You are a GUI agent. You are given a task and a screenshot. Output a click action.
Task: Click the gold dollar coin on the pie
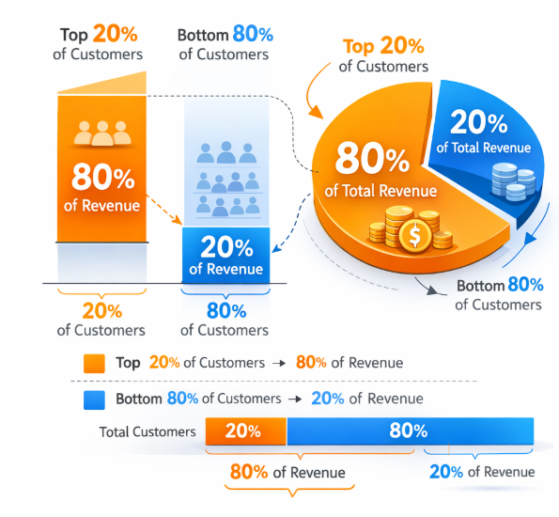click(412, 235)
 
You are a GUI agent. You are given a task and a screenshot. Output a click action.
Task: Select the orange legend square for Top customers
click(94, 363)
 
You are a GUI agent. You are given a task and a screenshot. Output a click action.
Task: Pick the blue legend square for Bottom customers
click(94, 399)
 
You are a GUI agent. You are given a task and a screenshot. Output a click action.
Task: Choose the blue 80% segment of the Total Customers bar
click(410, 431)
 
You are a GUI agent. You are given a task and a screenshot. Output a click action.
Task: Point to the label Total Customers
click(148, 432)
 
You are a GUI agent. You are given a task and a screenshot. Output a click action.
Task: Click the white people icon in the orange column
click(101, 133)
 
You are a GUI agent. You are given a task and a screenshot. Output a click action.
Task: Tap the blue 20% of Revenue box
click(225, 255)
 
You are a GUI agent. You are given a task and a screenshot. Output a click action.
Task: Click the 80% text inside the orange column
click(101, 176)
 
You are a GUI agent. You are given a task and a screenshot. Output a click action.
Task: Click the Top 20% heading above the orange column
click(101, 36)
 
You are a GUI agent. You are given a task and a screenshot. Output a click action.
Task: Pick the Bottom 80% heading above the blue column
click(225, 36)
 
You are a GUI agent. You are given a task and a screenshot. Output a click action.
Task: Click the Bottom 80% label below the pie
click(499, 286)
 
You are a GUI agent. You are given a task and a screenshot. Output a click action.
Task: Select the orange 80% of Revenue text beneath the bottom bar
click(290, 472)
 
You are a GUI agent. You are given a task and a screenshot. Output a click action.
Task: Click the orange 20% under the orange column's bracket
click(101, 311)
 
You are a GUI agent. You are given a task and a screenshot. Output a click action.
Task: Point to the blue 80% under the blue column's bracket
click(225, 311)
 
